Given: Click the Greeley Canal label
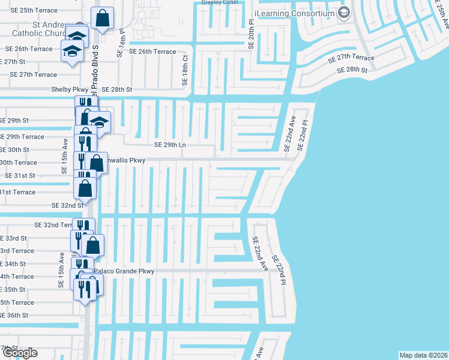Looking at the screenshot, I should (220, 2).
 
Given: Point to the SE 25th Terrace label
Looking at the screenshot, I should (30, 11).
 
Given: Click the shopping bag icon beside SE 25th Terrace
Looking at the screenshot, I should (103, 19).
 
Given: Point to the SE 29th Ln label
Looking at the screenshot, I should (171, 145).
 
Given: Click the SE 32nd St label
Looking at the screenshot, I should (68, 205).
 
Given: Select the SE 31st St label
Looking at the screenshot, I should (20, 176).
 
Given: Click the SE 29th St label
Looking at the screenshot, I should (14, 121).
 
